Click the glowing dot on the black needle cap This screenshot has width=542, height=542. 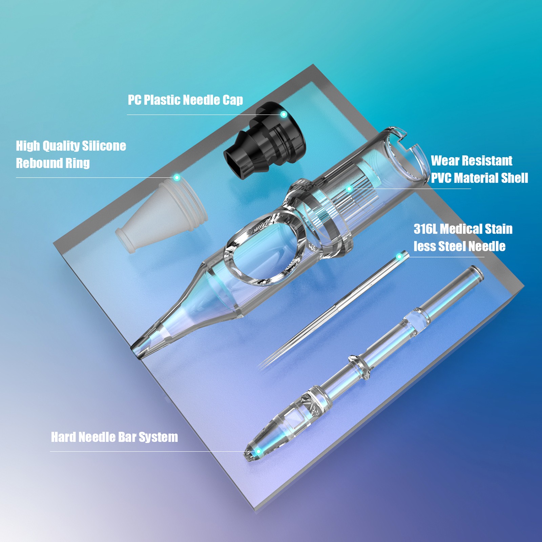284,114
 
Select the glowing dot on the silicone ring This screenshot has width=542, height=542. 176,178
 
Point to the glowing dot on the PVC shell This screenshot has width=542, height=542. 349,189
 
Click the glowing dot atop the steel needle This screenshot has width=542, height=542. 399,257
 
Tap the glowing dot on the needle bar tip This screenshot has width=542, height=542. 258,452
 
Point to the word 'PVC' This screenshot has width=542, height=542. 441,178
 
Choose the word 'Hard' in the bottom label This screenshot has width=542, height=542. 64,437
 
